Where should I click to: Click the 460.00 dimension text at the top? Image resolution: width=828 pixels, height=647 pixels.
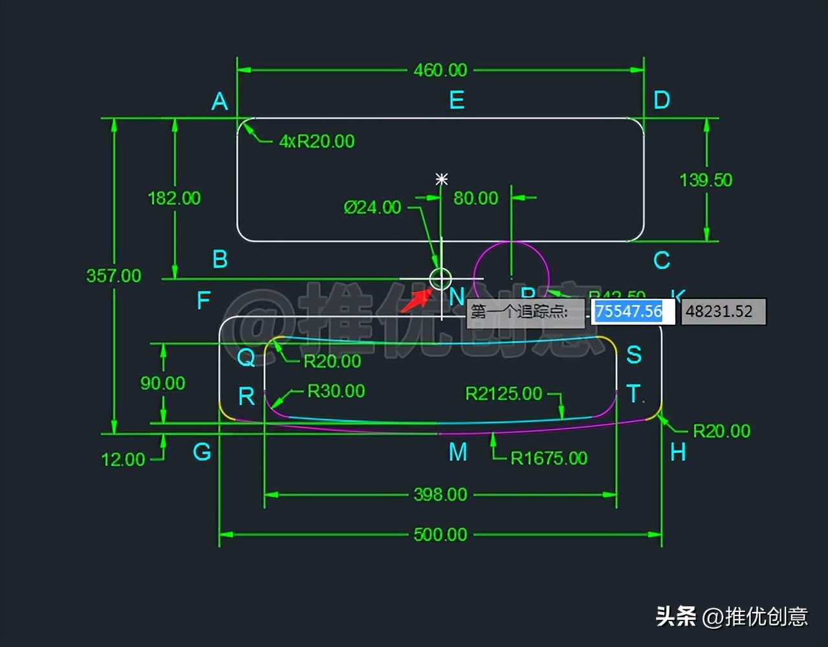(440, 70)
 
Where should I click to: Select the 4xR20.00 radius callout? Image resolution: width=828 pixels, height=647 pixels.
(316, 141)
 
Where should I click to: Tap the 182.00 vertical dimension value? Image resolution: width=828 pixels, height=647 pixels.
(174, 198)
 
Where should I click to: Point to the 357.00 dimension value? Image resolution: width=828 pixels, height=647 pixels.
(114, 276)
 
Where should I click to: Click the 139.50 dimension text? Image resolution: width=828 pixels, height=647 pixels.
(706, 180)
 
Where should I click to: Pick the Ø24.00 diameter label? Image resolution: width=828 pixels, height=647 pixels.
(372, 207)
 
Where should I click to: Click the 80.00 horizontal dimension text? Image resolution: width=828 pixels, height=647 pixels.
(475, 198)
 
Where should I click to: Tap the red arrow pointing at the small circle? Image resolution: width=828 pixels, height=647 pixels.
(415, 301)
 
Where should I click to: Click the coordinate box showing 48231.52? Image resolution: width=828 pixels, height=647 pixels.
(723, 311)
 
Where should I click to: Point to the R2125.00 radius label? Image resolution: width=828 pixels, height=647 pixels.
(503, 393)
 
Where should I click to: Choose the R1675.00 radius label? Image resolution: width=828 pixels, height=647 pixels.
(549, 458)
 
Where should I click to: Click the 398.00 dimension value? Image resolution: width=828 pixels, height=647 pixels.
(440, 495)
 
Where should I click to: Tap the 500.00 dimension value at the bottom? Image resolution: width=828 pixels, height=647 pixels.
(440, 534)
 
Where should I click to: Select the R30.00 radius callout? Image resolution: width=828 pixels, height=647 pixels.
(336, 391)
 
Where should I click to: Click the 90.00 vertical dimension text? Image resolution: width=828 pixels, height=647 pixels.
(162, 383)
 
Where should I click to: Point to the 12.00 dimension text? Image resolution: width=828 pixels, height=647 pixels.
(123, 459)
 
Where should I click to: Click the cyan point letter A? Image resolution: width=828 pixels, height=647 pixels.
(220, 102)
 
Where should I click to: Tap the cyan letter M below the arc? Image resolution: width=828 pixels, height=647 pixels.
(458, 452)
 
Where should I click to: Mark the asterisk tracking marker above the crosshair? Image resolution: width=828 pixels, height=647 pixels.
(442, 179)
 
